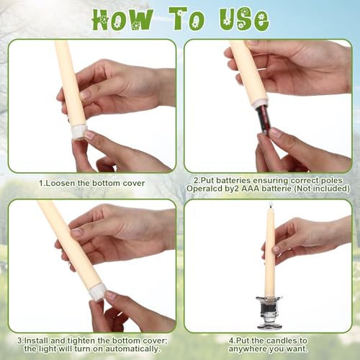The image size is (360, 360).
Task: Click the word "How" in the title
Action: point(122,19)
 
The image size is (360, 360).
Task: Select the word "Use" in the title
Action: point(244,19)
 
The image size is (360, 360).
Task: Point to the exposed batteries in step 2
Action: point(264,117)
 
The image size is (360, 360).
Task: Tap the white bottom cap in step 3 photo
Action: point(99,292)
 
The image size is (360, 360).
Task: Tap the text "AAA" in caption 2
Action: point(250,189)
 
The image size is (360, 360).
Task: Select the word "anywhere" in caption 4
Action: point(247,349)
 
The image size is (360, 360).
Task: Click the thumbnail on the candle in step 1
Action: point(84,95)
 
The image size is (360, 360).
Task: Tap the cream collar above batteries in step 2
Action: point(260,101)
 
